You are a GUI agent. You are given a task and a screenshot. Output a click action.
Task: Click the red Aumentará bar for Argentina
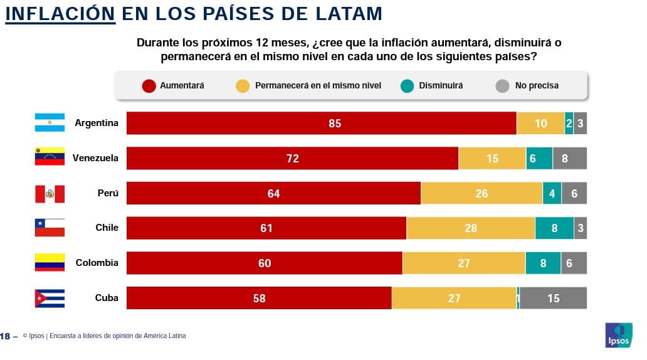click(321, 124)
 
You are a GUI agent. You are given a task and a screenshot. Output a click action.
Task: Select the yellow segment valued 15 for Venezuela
click(492, 159)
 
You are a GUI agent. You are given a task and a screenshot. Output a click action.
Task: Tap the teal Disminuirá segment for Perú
click(552, 194)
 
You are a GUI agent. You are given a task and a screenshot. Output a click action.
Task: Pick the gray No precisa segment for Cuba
click(553, 299)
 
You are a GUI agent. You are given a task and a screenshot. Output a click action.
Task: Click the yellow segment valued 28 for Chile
click(471, 228)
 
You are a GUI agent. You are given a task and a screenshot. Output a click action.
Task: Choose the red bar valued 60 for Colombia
click(264, 263)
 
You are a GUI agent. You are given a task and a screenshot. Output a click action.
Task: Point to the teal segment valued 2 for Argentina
click(569, 124)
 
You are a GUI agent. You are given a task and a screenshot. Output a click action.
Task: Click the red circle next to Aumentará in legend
click(149, 86)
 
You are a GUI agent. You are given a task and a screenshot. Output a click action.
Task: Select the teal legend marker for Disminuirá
click(408, 86)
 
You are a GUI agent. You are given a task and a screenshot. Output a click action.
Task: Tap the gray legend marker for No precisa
click(502, 86)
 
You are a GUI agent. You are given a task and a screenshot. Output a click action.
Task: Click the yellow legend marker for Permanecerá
click(243, 86)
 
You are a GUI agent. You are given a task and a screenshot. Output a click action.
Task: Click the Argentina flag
click(50, 123)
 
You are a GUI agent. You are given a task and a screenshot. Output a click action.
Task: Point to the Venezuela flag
click(50, 157)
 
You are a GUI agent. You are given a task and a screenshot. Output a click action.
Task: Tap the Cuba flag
click(50, 299)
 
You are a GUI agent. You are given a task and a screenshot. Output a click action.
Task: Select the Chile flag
click(50, 228)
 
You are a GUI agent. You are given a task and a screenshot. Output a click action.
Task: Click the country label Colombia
click(97, 263)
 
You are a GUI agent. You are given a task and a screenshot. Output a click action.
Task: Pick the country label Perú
click(108, 193)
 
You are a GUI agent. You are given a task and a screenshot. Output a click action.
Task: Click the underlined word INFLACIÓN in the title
click(60, 13)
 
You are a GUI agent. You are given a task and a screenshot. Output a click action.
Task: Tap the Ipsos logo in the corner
click(618, 335)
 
